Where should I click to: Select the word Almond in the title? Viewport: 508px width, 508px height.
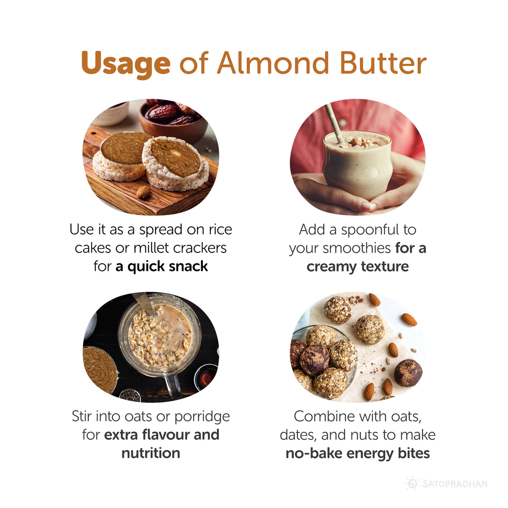273,63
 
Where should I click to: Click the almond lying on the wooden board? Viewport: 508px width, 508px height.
144,192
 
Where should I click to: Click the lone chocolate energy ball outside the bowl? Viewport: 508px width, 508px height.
408,373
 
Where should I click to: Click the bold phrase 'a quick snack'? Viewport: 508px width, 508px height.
161,266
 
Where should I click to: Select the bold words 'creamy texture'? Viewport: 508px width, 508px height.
358,267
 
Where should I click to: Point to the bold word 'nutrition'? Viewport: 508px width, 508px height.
151,453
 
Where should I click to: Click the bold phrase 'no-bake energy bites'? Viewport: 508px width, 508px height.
358,453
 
